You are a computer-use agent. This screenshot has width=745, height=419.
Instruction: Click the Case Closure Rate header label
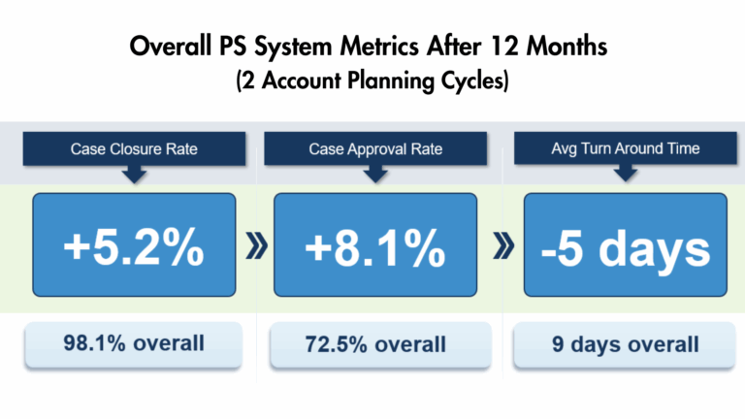coord(134,148)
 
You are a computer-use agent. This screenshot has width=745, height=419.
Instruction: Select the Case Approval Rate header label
coord(375,148)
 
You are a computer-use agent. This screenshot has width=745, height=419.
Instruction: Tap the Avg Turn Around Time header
coord(626,148)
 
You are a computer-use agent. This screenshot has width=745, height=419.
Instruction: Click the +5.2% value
coord(134,246)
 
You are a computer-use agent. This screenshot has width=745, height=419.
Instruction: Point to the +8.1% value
coord(375,248)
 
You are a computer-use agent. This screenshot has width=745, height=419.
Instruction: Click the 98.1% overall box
coord(134,345)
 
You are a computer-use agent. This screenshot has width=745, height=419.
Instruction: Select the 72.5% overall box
coord(380,345)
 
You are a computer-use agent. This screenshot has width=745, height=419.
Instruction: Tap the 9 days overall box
coord(625,345)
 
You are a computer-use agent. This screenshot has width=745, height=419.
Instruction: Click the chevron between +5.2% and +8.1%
coord(256,245)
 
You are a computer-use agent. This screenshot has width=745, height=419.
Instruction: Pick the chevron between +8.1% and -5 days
coord(503,245)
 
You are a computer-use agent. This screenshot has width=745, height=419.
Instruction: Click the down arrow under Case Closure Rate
coord(134,175)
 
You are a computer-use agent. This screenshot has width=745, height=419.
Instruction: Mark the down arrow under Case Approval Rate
coord(375,174)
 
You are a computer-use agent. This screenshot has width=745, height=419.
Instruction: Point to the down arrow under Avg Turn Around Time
coord(626,173)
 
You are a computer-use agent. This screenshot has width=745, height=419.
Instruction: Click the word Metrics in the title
coord(379,47)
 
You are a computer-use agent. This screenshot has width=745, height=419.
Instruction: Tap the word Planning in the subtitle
coord(391,81)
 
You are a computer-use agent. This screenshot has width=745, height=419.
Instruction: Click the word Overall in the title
coord(171,47)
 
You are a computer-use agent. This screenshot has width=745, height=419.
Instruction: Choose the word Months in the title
coord(567,47)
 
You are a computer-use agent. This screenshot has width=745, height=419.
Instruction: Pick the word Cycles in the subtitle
coord(475,81)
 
